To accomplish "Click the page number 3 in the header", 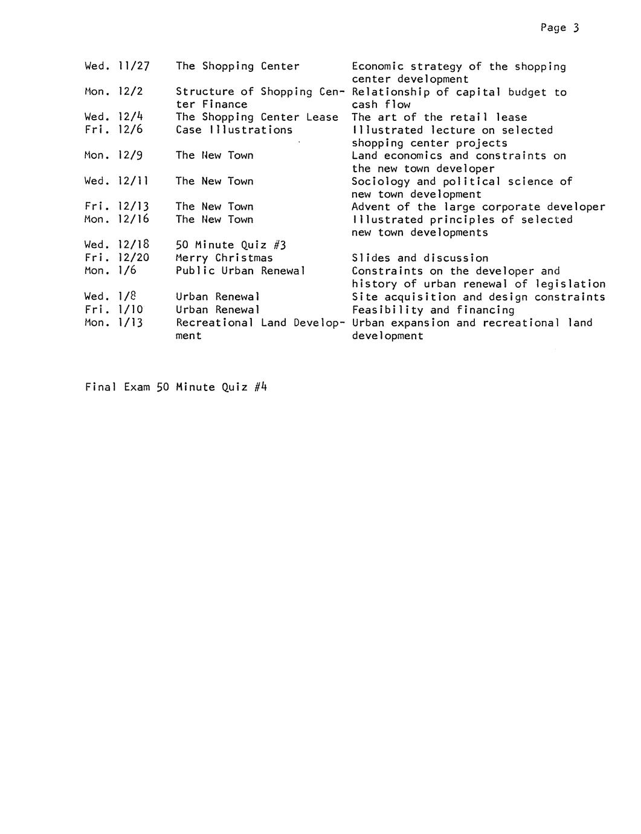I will [576, 28].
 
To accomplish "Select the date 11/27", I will [134, 66].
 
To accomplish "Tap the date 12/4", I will [130, 117].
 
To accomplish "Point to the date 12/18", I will [134, 245].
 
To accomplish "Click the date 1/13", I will [130, 323].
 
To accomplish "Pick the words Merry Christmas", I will [224, 258].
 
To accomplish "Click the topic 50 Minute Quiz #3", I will [231, 245].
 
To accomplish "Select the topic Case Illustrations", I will [234, 130].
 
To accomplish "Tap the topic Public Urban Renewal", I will [240, 271].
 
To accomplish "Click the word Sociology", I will [381, 181].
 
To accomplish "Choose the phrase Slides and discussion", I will [420, 258].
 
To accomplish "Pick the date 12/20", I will [134, 258].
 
